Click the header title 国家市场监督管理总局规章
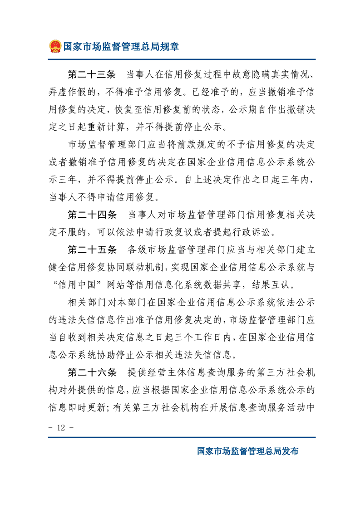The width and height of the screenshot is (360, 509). pos(121,46)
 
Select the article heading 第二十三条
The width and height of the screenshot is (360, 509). pos(92,74)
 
